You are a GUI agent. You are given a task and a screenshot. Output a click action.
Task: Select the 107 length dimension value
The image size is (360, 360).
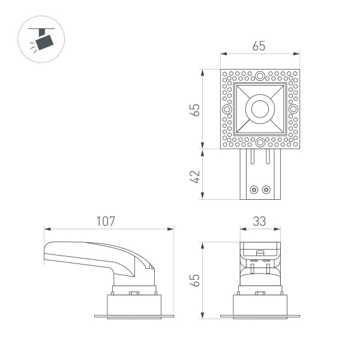[x=106, y=221]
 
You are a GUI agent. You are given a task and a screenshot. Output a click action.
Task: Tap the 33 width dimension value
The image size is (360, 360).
[x=259, y=221]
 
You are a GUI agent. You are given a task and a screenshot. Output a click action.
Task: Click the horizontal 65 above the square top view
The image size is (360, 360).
[x=259, y=46]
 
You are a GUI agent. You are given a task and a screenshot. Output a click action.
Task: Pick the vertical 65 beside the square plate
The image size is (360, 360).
[x=194, y=109]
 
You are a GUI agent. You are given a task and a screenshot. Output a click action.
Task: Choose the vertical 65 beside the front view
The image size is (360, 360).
[x=194, y=280]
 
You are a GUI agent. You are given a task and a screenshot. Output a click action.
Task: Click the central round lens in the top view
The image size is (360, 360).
[x=260, y=109]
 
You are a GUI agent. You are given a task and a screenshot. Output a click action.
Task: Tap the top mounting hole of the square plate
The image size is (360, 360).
[x=260, y=76]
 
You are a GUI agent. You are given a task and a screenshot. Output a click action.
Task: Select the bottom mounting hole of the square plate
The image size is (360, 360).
[x=260, y=143]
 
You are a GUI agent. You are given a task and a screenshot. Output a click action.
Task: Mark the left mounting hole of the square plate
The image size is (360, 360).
[x=226, y=109]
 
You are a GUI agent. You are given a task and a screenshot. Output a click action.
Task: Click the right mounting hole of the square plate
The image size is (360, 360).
[x=293, y=109]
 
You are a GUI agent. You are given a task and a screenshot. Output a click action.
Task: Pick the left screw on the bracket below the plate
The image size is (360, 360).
[x=254, y=190]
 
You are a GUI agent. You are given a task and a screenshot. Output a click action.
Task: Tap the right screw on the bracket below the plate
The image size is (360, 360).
[x=266, y=190]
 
